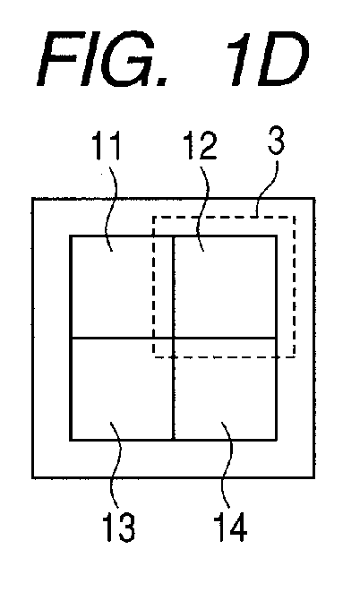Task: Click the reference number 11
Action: point(106,146)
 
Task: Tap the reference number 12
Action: point(200,146)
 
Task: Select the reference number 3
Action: point(276,141)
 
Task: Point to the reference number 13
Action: point(118,528)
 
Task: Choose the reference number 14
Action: point(230,528)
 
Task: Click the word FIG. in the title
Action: point(103,59)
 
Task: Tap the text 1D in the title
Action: point(267,59)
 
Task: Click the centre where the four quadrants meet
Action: point(173,338)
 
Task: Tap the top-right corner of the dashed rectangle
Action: point(295,217)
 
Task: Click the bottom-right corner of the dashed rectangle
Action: point(295,356)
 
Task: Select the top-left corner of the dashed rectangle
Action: point(154,217)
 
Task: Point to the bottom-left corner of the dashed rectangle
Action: point(154,356)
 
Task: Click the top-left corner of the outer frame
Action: point(33,199)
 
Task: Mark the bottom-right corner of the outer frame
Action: point(314,477)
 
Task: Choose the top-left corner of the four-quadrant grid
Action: point(71,236)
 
